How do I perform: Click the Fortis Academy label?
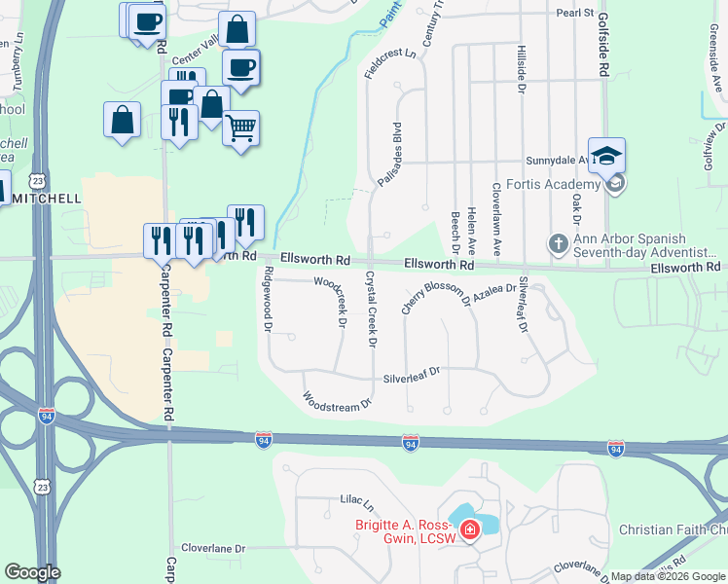pyautogui.click(x=559, y=185)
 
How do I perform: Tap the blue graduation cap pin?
pyautogui.click(x=606, y=156)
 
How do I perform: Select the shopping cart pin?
pyautogui.click(x=241, y=128)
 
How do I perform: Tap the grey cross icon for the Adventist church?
pyautogui.click(x=559, y=243)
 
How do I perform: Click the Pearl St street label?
pyautogui.click(x=574, y=13)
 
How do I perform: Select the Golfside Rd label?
pyautogui.click(x=603, y=54)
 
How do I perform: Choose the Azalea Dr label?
pyautogui.click(x=496, y=289)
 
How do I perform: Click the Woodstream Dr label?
pyautogui.click(x=338, y=400)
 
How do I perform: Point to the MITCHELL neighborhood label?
pyautogui.click(x=46, y=198)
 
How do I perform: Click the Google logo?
pyautogui.click(x=32, y=572)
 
